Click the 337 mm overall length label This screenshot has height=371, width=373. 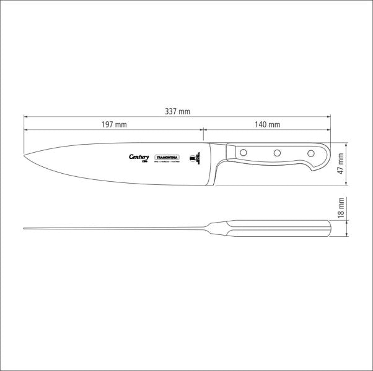(177, 111)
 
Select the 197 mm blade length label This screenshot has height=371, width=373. (113, 124)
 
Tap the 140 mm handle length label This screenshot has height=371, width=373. (267, 124)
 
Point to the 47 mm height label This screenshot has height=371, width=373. (340, 164)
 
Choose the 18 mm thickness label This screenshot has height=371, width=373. (340, 210)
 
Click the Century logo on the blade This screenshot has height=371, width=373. (139, 158)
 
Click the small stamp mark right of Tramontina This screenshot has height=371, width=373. (193, 158)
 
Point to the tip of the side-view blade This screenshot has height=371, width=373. (25, 155)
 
